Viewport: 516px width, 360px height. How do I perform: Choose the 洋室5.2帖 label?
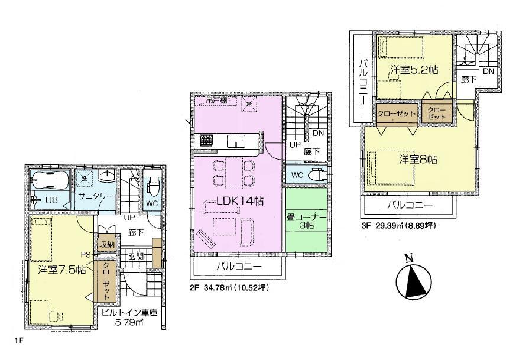click(414, 70)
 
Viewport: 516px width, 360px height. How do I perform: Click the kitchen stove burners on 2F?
click(206, 140)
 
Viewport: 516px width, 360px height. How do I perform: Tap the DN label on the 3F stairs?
click(488, 71)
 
